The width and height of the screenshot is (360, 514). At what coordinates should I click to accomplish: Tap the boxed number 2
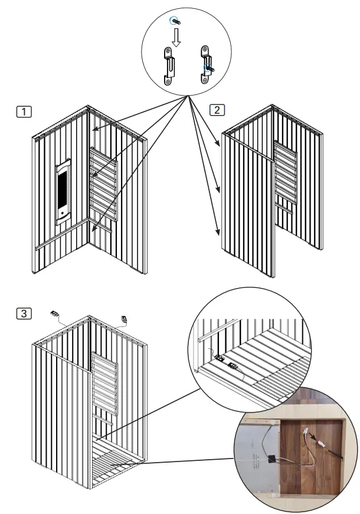pos(217,110)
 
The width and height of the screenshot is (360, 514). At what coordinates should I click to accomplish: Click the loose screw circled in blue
pos(175,21)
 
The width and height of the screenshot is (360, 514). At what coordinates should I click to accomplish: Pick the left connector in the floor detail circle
pos(220,358)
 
